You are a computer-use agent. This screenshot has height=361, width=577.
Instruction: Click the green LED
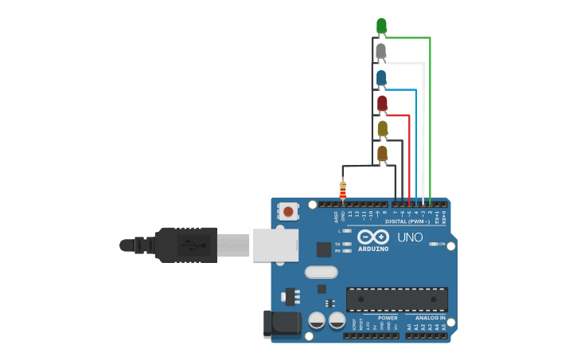coord(381,26)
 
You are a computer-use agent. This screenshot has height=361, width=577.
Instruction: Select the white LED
coord(381,52)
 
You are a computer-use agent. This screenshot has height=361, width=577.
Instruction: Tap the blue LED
coord(381,77)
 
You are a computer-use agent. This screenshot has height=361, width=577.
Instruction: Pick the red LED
coord(382,103)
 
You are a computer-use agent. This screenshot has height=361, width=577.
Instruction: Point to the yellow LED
coord(382,128)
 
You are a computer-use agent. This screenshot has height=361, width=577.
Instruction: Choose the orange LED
coord(382,153)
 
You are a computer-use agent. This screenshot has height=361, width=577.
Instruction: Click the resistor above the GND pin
coord(343,190)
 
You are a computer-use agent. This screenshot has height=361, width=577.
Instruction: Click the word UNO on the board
coord(410,237)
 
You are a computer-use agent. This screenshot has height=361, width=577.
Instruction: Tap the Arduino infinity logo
coord(372,237)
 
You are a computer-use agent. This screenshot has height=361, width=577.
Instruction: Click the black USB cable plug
coord(186,245)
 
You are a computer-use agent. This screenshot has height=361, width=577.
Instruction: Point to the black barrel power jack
coord(280,323)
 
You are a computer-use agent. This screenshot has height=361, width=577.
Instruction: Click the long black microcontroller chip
coord(396,299)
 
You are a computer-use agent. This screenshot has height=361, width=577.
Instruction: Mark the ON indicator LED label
coord(441,244)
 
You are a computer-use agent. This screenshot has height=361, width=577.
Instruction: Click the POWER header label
coord(388,317)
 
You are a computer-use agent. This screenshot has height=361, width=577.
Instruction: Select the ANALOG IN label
coord(431,317)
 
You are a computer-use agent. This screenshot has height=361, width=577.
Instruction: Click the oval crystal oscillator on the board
coord(321,272)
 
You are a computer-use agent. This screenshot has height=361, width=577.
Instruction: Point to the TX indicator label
coord(337,244)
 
